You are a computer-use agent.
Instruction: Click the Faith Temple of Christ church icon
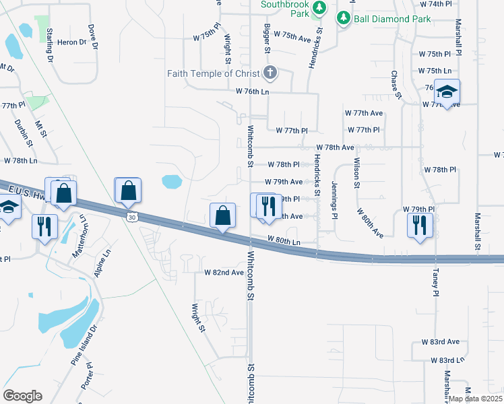point(270,72)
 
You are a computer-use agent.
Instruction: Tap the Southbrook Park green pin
point(321,9)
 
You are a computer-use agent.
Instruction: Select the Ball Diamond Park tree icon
point(344,18)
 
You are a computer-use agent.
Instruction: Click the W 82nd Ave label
point(224,273)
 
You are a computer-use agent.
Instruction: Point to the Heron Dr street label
point(73,42)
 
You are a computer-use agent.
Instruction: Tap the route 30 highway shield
point(131,216)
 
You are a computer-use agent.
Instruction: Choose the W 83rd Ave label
point(440,342)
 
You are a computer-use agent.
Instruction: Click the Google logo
point(22,396)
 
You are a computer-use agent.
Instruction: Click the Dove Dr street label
point(93,38)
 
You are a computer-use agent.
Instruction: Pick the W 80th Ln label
point(283,240)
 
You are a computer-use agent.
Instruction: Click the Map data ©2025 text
point(475,399)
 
